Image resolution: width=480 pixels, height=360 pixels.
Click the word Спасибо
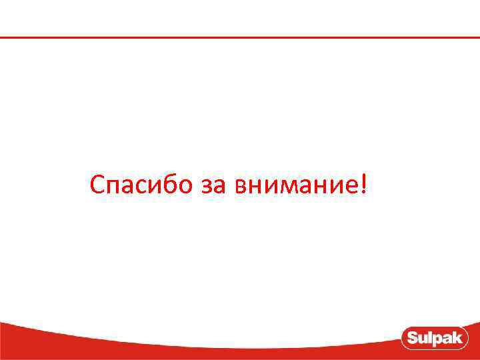click(141, 185)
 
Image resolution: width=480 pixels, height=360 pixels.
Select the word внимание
click(297, 186)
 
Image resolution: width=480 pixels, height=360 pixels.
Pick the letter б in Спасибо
click(167, 185)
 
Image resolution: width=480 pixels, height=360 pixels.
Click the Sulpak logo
click(436, 338)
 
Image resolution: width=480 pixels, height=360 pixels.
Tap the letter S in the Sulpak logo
click(412, 338)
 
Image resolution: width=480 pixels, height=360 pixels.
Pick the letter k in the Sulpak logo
click(460, 338)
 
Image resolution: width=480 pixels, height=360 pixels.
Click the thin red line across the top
click(240, 37)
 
